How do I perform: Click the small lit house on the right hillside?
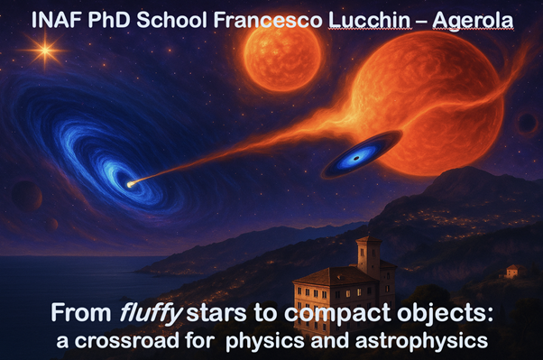512,271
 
